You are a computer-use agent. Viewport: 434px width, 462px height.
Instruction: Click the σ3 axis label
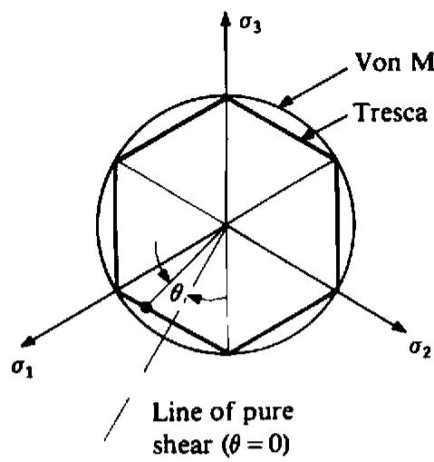pyautogui.click(x=250, y=25)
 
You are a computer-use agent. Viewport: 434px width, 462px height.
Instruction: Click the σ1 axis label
pyautogui.click(x=23, y=369)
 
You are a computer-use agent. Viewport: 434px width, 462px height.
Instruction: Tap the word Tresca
pyautogui.click(x=391, y=113)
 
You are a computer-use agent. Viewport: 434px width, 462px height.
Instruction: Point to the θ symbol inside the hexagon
pyautogui.click(x=176, y=293)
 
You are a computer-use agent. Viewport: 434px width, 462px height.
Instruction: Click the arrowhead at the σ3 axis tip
pyautogui.click(x=225, y=19)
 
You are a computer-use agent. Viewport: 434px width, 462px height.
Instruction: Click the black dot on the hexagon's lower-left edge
pyautogui.click(x=146, y=307)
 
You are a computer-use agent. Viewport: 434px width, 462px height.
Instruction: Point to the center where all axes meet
pyautogui.click(x=226, y=224)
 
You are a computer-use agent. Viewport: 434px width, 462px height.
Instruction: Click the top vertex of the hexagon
pyautogui.click(x=226, y=97)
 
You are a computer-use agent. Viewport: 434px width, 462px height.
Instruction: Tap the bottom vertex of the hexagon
pyautogui.click(x=226, y=352)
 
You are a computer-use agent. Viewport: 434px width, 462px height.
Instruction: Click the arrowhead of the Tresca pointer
pyautogui.click(x=309, y=135)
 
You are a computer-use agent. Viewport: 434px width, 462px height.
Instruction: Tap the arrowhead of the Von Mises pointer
pyautogui.click(x=285, y=102)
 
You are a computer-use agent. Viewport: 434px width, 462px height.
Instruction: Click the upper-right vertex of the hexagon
pyautogui.click(x=334, y=159)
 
